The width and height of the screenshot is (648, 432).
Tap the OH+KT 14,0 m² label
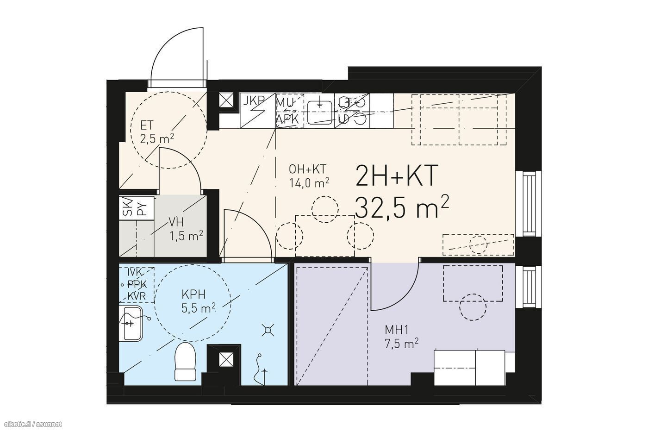point(309,176)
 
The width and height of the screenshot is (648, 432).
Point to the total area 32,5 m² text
point(402,207)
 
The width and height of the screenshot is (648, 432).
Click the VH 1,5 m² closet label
point(186,230)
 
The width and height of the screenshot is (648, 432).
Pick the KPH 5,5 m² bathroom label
point(199,301)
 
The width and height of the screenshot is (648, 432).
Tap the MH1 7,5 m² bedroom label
point(402,336)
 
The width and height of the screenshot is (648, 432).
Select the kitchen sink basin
point(319,113)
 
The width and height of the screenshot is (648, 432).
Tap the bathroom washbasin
point(133,324)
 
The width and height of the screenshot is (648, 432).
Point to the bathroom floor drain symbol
point(268,330)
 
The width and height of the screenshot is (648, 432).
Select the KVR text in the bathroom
point(137,296)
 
